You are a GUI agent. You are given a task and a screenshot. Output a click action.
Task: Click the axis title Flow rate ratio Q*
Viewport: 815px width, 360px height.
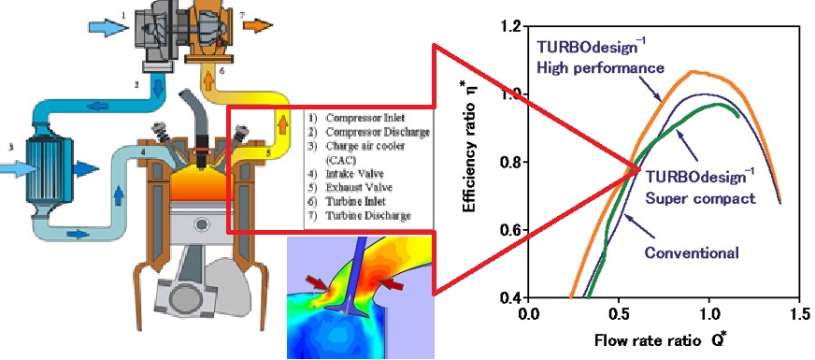(x=661, y=340)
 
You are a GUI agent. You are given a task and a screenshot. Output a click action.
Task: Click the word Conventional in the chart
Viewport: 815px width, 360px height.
(x=692, y=253)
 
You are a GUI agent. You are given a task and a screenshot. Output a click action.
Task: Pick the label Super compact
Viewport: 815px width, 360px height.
(x=700, y=198)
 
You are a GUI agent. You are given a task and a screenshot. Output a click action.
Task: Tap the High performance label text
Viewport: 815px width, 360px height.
(x=600, y=67)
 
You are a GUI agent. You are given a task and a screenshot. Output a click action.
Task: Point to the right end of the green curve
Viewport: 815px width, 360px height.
(x=738, y=117)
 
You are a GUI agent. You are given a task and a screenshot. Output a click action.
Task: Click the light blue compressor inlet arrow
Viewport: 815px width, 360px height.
(x=105, y=27)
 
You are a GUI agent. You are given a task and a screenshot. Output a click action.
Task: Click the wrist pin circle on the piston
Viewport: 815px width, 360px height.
(x=200, y=224)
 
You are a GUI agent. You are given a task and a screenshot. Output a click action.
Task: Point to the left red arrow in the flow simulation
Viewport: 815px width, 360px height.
(x=319, y=283)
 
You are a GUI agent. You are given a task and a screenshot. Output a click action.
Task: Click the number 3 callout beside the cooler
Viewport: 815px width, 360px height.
(x=10, y=147)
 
